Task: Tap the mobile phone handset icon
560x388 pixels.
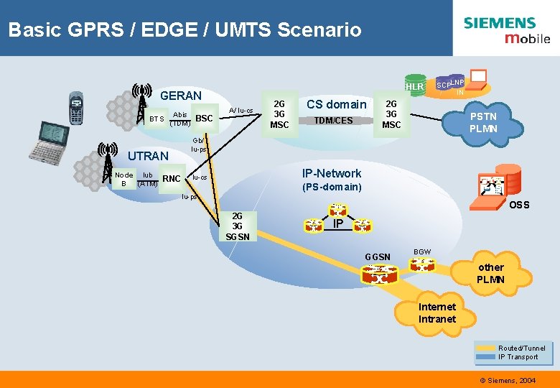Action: (x=76, y=108)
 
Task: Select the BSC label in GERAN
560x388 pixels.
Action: (x=205, y=118)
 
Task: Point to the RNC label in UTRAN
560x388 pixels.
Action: (x=172, y=178)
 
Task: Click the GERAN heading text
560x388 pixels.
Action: (x=181, y=96)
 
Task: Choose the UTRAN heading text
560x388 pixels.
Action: (x=147, y=155)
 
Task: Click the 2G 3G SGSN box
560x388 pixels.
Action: (x=238, y=226)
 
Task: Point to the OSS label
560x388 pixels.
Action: (x=519, y=205)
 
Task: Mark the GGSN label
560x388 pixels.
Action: (x=378, y=257)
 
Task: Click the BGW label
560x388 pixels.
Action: (x=422, y=251)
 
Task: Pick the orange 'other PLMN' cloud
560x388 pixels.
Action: (x=490, y=273)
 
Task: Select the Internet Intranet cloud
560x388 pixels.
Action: (x=437, y=313)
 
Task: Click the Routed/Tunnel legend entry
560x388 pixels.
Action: (x=521, y=348)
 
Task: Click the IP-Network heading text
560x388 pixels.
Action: (x=332, y=173)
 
